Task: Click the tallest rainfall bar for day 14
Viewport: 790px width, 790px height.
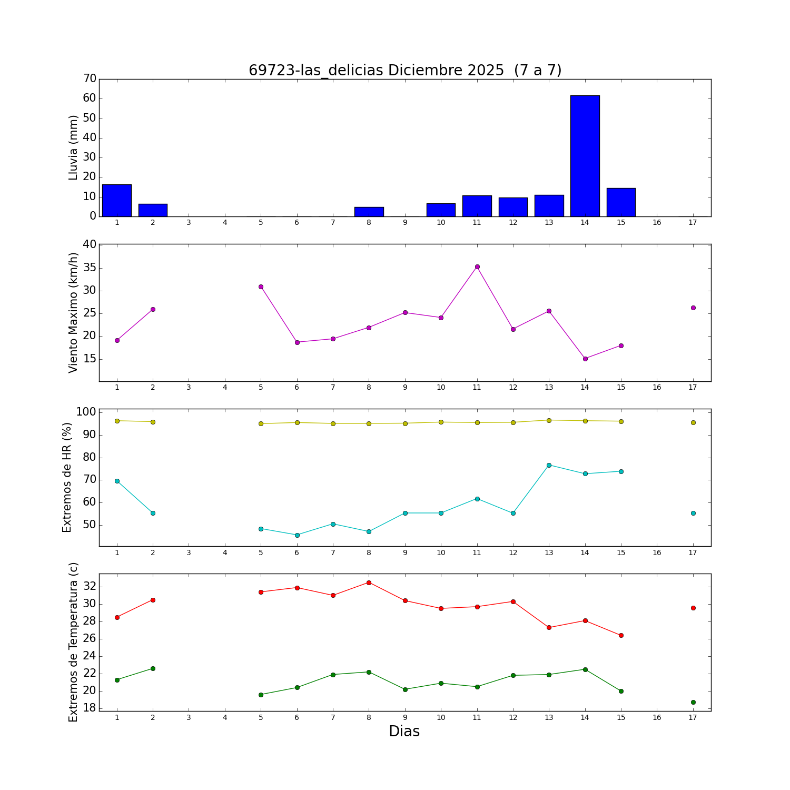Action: point(585,156)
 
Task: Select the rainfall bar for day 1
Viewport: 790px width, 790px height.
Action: point(117,201)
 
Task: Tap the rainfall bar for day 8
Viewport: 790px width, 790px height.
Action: point(369,212)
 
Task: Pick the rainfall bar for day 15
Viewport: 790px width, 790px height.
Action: point(621,202)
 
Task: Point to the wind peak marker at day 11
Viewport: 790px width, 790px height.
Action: point(477,266)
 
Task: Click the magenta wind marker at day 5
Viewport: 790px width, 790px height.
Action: point(261,287)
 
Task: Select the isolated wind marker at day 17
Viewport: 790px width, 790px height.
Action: point(693,308)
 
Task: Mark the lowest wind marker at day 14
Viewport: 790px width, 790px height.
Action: point(585,359)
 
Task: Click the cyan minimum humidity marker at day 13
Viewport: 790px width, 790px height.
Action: point(549,465)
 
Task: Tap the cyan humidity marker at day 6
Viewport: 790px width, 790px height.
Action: point(297,535)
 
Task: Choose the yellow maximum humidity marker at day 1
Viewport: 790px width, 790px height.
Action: point(117,421)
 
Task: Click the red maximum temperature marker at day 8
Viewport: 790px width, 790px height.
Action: point(369,582)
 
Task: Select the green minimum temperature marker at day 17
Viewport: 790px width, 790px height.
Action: point(693,702)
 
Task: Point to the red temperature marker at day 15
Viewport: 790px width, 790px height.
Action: point(621,635)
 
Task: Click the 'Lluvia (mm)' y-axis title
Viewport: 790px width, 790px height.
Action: point(73,147)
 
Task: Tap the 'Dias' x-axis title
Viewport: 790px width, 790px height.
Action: point(404,731)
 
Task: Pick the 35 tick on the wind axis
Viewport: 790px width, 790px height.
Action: point(90,268)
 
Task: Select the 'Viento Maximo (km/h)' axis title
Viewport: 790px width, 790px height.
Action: point(73,312)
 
